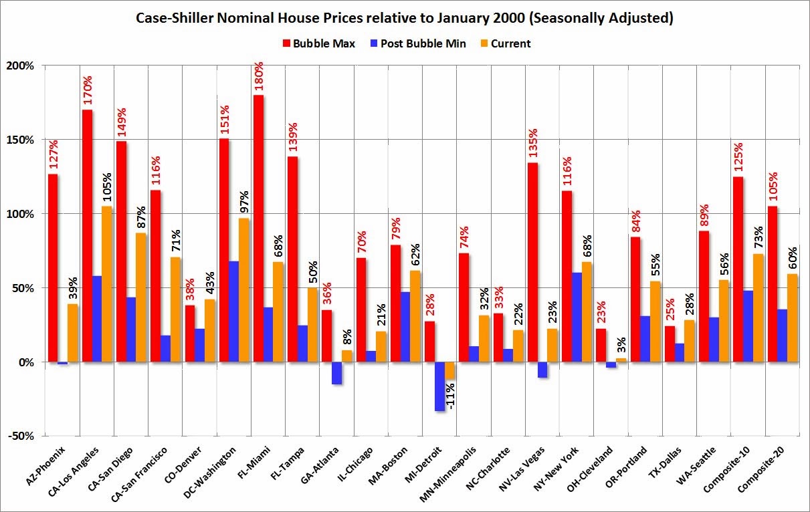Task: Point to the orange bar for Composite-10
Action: tap(757, 307)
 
